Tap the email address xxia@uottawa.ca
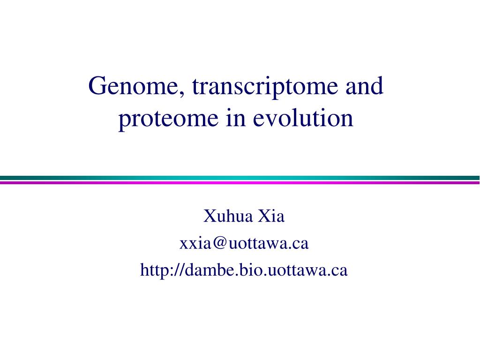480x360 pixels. (x=244, y=243)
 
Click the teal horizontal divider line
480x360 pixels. (x=240, y=178)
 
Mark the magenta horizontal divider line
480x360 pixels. (x=240, y=182)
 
